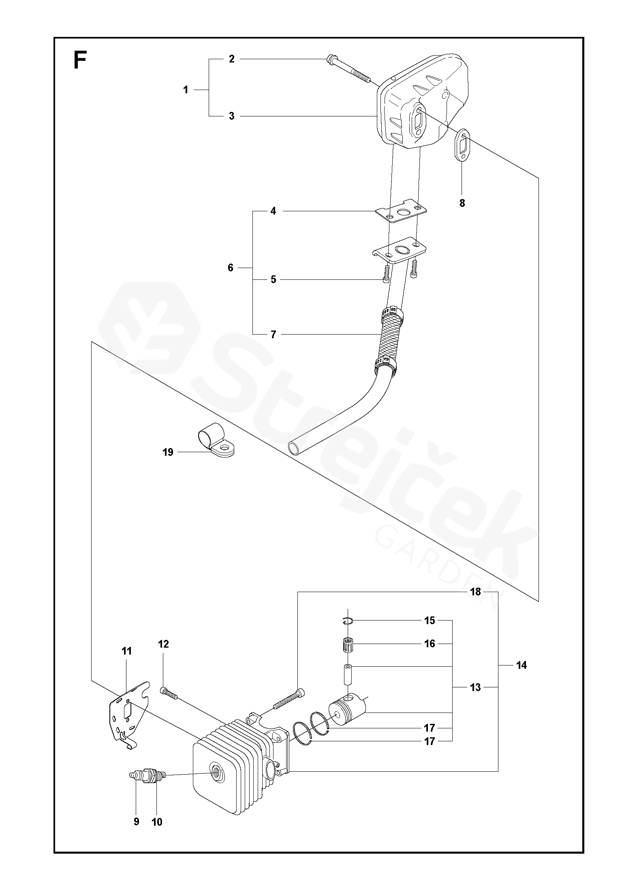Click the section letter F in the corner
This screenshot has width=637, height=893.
coord(80,61)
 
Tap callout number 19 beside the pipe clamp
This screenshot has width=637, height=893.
coord(168,452)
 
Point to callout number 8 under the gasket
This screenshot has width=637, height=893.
coord(462,203)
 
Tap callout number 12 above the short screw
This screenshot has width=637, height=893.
coord(163,644)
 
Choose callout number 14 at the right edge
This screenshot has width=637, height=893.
coord(522,665)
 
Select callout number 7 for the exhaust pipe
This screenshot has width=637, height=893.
coord(273,335)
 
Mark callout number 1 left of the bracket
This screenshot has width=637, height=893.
coord(186,90)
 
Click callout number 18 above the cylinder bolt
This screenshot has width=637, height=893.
coord(475,592)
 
